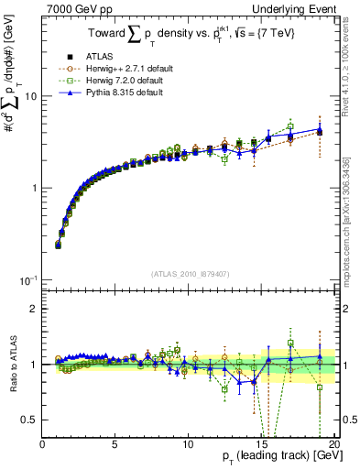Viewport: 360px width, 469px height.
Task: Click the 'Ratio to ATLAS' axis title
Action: pos(12,364)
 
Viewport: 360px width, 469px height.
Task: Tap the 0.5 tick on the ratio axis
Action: pos(30,420)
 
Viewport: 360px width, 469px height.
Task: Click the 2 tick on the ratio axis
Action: pos(35,309)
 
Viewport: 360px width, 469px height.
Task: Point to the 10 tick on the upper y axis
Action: pos(30,96)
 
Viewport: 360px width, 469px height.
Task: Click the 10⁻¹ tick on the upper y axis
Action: pos(28,279)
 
